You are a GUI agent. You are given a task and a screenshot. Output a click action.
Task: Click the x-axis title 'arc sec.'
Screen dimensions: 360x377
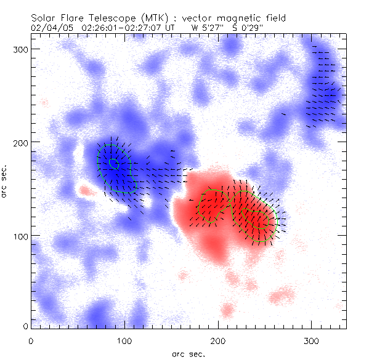(x=188, y=354)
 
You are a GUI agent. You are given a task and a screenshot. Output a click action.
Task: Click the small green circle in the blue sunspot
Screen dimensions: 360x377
(x=113, y=163)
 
